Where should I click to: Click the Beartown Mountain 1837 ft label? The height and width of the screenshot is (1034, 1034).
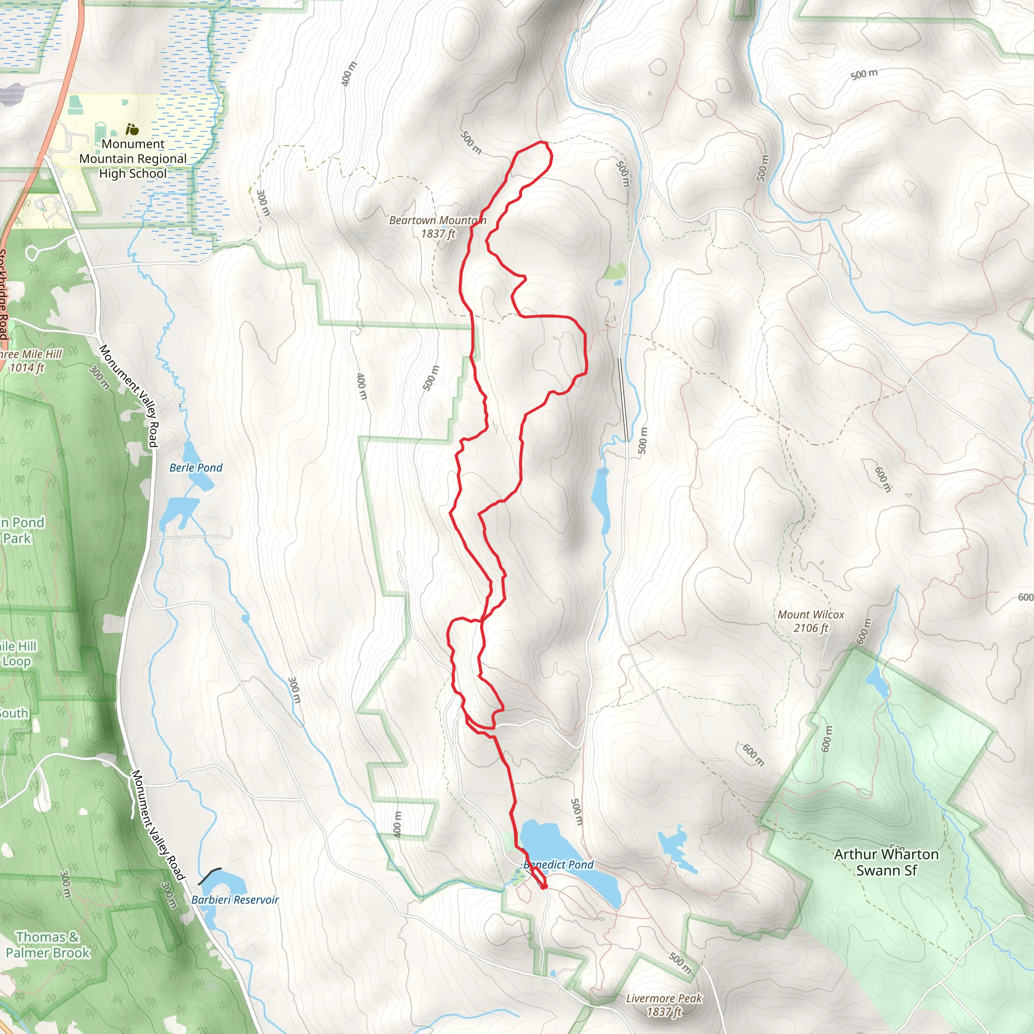(437, 227)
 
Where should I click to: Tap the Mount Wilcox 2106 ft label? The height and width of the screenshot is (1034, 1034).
(810, 621)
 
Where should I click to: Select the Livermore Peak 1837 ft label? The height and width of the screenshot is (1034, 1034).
(663, 1005)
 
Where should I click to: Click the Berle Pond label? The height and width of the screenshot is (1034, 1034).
(196, 468)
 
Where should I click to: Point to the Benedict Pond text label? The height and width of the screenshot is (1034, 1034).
(558, 864)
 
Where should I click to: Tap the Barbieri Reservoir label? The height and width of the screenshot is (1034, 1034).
(235, 900)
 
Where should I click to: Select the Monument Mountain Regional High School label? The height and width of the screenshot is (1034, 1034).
(133, 159)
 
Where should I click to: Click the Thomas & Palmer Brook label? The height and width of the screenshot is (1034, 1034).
(47, 945)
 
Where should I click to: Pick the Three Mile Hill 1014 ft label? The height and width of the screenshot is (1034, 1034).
(29, 360)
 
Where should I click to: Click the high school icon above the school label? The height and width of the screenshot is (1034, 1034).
(132, 129)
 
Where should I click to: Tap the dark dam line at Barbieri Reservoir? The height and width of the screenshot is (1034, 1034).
(209, 876)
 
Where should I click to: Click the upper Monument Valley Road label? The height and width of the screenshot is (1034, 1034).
(129, 395)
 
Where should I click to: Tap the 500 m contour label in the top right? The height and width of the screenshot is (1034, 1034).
(864, 74)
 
